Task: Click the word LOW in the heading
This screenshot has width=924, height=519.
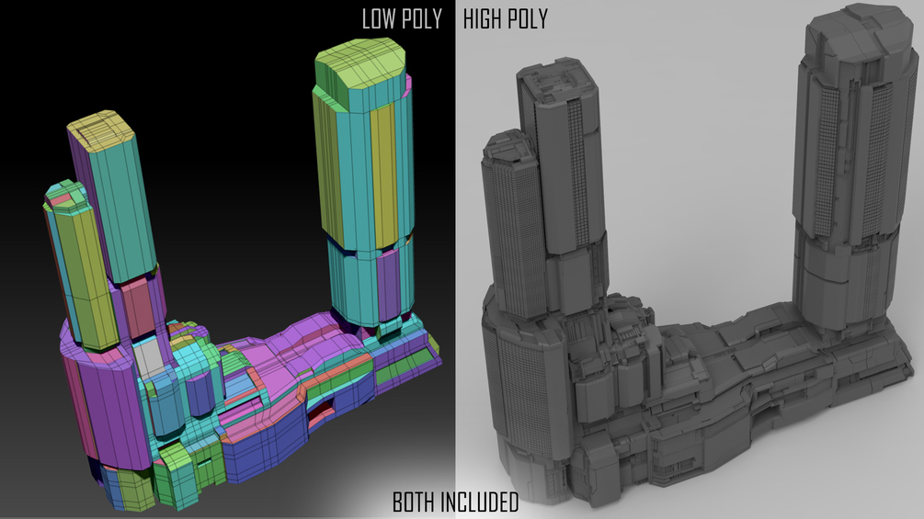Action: pos(377,18)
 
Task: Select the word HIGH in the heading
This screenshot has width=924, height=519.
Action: pos(483,18)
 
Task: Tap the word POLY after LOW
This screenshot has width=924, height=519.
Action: pos(420,18)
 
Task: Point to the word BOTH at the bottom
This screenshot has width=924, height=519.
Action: pos(415,502)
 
